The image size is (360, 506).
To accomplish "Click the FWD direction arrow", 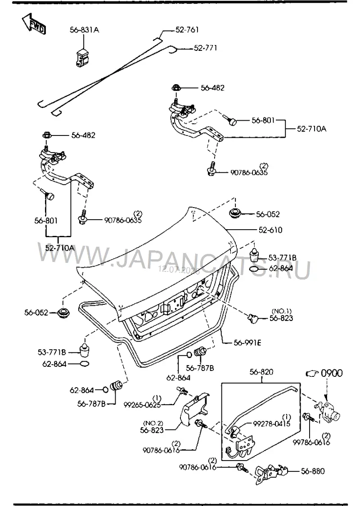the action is coord(34,24).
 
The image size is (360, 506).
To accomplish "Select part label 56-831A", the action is coord(84,30).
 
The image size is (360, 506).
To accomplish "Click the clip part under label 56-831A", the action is coord(82,57).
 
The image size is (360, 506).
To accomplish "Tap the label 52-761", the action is coord(187,30).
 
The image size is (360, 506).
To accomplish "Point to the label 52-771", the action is coord(206,48).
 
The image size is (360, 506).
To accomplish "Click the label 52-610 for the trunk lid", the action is coord(270,230).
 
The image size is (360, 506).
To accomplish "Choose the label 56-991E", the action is coord(247,343).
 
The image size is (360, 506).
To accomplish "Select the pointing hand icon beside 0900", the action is coord(312,373).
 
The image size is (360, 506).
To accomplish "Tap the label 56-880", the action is coord(313,471).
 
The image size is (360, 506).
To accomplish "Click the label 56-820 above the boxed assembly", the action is coord(261,372).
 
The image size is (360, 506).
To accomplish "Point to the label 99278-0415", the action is coord(271,424).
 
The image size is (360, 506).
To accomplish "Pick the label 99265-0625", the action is coord(142,405).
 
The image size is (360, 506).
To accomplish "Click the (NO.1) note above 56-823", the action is coord(282,312).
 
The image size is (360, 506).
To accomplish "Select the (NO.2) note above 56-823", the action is coord(153,423).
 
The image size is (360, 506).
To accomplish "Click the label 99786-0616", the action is coord(311,442).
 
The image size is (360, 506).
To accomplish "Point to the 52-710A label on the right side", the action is coord(311,129).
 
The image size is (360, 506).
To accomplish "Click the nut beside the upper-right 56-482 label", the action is coord(176,87).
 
